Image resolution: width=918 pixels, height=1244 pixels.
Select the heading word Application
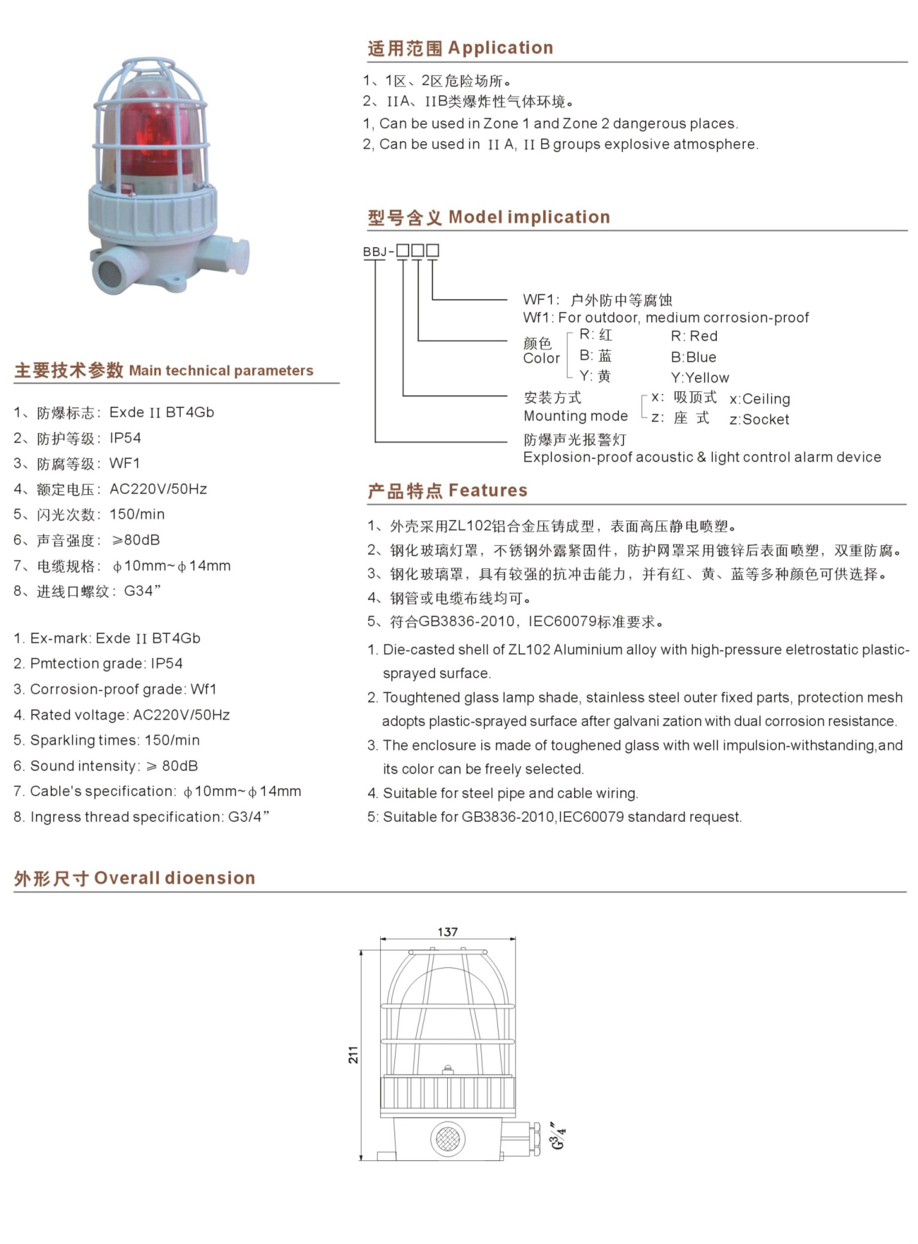500,48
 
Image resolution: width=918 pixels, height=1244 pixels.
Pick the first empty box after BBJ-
402,251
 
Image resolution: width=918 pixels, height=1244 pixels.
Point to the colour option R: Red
694,336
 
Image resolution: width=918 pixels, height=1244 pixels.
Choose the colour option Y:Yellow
700,378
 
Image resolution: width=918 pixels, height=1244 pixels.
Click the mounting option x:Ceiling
760,399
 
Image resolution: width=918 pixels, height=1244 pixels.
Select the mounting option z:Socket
759,420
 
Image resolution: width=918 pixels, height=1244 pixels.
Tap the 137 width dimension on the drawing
447,932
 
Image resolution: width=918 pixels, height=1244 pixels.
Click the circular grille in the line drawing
447,1138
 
